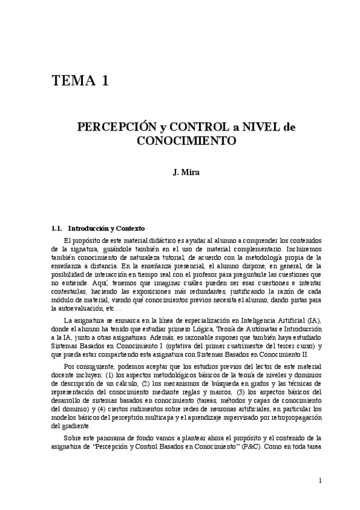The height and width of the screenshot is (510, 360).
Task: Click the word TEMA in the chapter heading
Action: (73, 81)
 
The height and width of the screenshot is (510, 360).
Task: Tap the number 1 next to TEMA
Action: (105, 81)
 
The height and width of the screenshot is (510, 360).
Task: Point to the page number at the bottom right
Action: (321, 480)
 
